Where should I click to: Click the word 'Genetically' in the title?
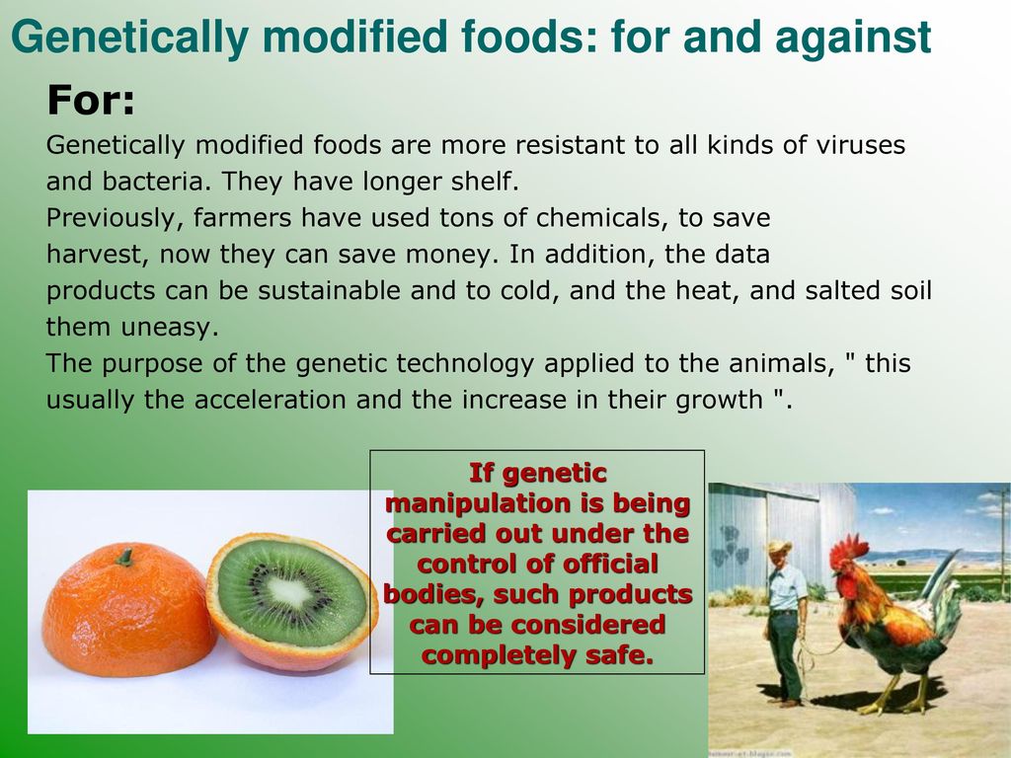tap(129, 38)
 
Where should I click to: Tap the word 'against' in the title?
tap(853, 38)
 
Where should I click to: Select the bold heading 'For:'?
tap(91, 100)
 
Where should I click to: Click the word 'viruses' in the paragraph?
tap(860, 145)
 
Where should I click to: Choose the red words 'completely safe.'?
tap(538, 655)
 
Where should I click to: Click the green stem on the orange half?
tap(124, 557)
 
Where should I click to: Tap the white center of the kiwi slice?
tap(288, 591)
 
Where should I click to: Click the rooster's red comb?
tap(850, 551)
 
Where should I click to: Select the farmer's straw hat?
tap(779, 547)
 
